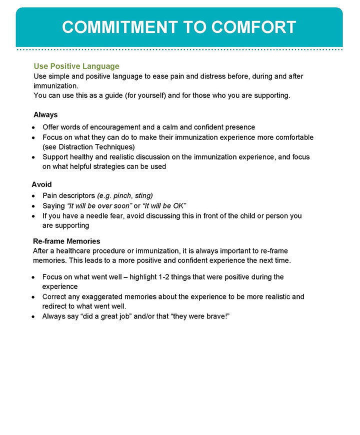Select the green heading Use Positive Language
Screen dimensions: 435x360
[76, 66]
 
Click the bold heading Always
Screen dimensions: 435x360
[45, 115]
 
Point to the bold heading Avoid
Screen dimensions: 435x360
[41, 184]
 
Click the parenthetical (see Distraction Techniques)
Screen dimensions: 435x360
[89, 147]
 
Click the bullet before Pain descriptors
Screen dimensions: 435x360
[33, 196]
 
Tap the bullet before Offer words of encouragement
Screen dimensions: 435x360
[33, 127]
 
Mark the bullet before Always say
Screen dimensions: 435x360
[33, 317]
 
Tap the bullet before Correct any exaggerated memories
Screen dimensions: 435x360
[33, 297]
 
